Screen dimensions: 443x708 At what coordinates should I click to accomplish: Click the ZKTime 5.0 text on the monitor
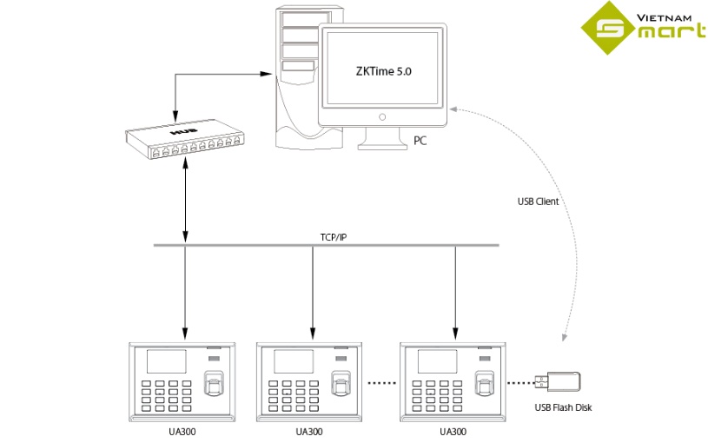(x=383, y=73)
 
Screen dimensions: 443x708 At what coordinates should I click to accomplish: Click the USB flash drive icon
(x=563, y=380)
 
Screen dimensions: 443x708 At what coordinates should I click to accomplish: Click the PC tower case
(x=295, y=78)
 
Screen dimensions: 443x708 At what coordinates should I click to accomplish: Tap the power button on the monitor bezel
(x=381, y=116)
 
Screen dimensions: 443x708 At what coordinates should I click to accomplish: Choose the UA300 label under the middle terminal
(x=309, y=431)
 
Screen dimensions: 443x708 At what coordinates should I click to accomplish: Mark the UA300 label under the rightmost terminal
(x=453, y=431)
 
